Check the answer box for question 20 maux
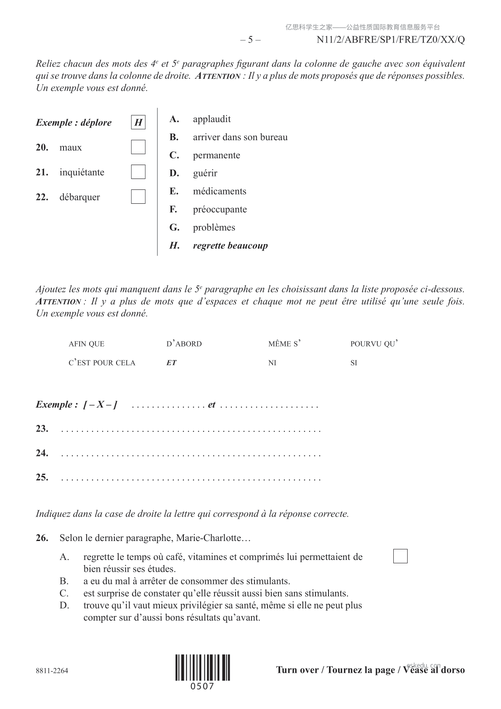click(138, 147)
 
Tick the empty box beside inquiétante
click(138, 172)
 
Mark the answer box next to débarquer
click(138, 197)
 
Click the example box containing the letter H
click(138, 123)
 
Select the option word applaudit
click(212, 119)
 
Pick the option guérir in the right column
click(205, 173)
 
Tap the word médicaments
click(219, 192)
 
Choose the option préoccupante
click(220, 210)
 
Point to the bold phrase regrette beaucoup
click(230, 246)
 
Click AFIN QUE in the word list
click(86, 344)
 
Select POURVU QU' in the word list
click(374, 344)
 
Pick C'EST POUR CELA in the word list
click(102, 363)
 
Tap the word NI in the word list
click(272, 363)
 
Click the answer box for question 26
click(400, 556)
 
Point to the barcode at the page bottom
click(202, 667)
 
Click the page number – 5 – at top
click(250, 40)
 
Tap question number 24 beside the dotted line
click(42, 453)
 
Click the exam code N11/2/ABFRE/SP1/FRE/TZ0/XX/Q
click(390, 40)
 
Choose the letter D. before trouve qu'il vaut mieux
click(64, 606)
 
